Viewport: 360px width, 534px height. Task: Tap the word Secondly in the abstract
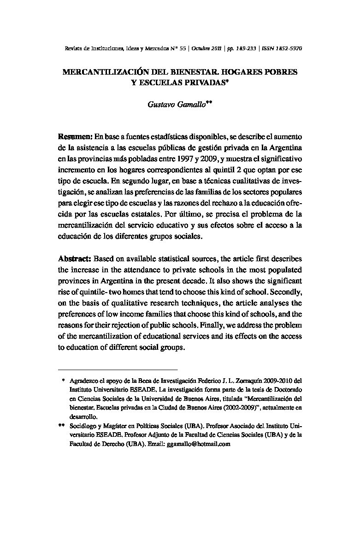click(x=286, y=291)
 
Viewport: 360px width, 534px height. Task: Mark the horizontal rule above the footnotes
click(x=118, y=369)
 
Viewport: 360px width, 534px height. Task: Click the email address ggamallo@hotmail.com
click(x=199, y=445)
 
